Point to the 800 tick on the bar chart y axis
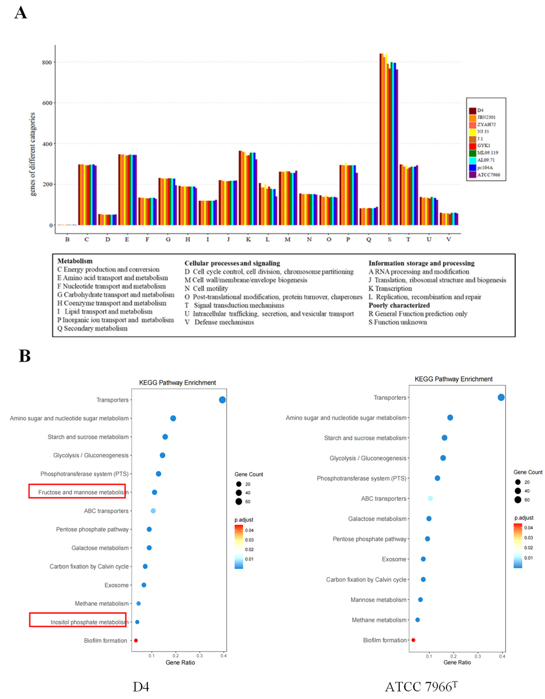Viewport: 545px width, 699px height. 47,62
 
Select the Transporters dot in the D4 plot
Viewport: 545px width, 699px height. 222,400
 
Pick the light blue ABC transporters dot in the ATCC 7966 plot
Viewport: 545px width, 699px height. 430,498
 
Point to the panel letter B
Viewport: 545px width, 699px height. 25,356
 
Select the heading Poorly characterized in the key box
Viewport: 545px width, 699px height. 399,305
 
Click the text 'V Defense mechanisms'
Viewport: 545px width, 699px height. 219,322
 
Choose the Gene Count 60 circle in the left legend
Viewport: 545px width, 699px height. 239,502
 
